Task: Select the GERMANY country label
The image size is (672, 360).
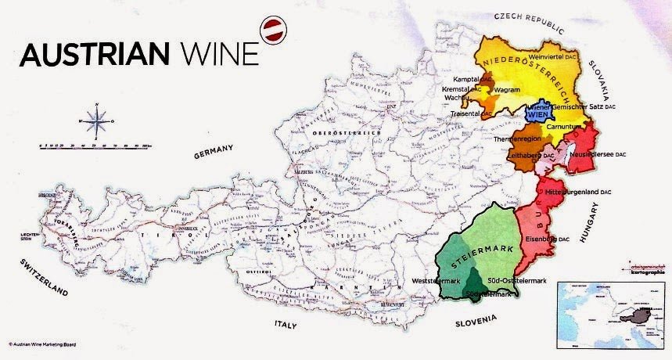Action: tap(214, 151)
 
